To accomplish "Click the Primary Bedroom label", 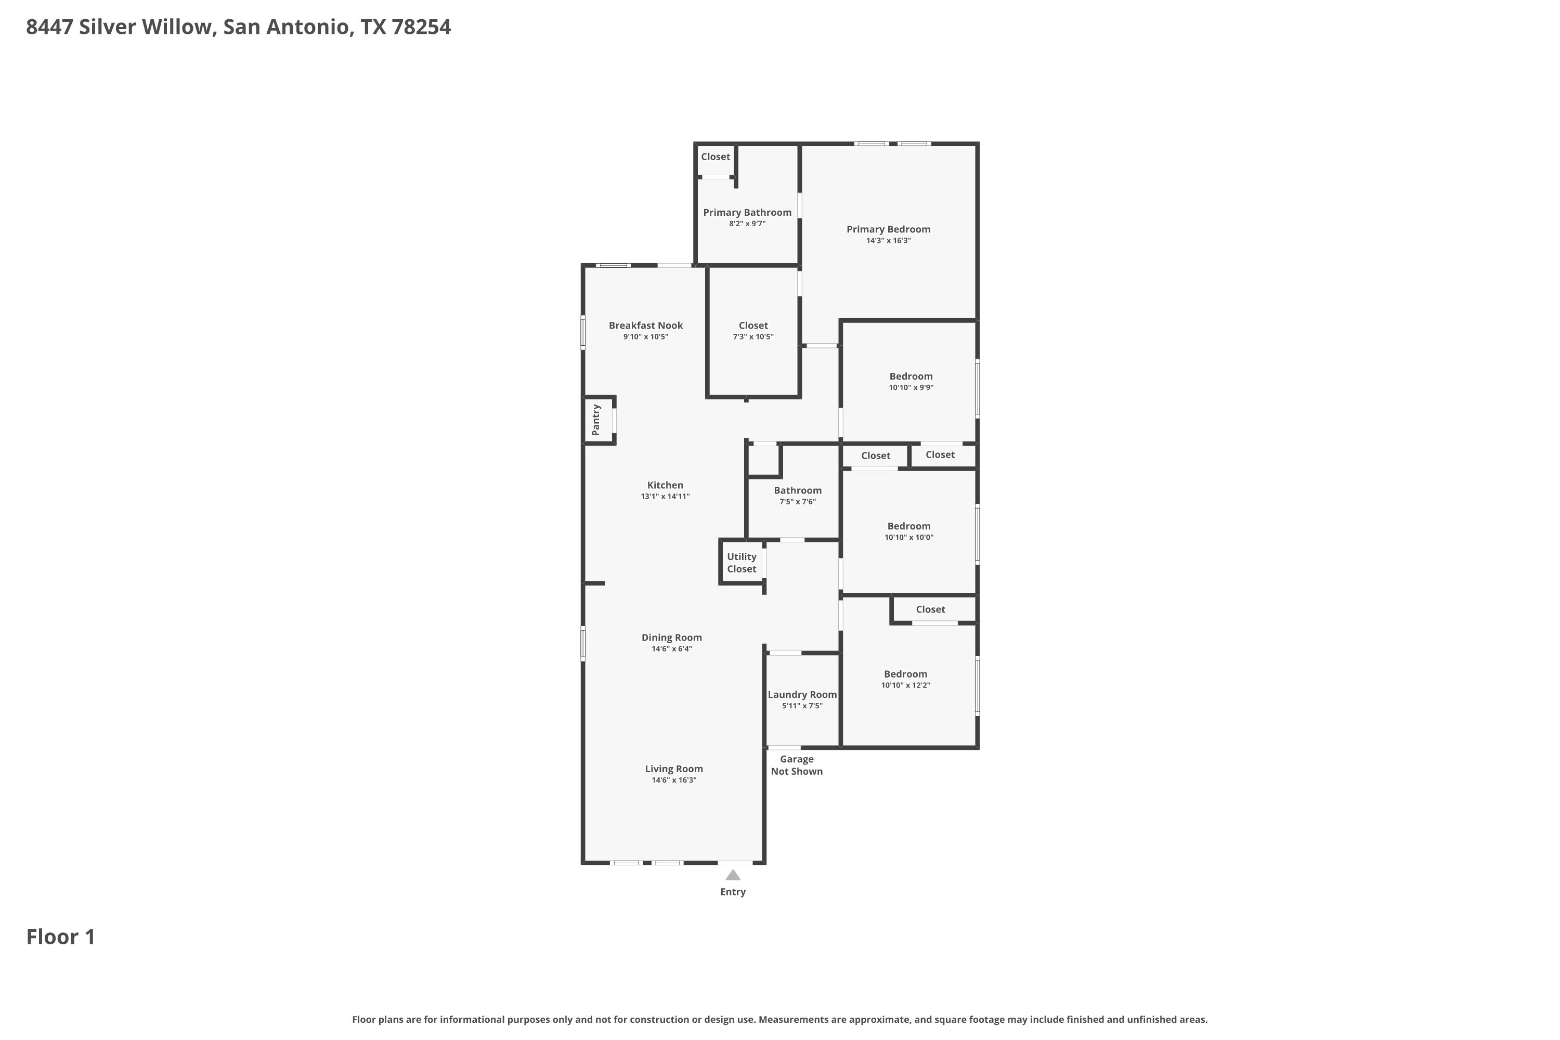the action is (888, 229).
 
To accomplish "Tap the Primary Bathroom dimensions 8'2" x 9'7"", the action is (748, 224).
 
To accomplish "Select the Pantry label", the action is (595, 420).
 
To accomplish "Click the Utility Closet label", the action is (742, 563).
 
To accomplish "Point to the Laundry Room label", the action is (802, 694).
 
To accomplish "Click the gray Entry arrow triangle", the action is (733, 875).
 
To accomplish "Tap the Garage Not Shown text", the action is (797, 765).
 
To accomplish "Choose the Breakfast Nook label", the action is (646, 325).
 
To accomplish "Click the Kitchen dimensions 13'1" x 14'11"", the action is (665, 496).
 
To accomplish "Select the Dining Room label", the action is (672, 638).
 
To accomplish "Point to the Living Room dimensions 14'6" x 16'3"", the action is (674, 780).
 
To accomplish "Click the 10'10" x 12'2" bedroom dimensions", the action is (906, 685).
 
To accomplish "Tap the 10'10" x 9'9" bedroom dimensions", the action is (912, 387).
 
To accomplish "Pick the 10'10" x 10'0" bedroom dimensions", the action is (908, 537).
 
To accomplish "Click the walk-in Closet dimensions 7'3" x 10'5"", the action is (753, 336).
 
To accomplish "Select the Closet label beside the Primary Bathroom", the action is (716, 157).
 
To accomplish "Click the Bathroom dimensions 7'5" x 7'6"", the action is (798, 501).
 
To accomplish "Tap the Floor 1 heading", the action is (61, 937).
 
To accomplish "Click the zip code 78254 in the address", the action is (421, 27).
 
